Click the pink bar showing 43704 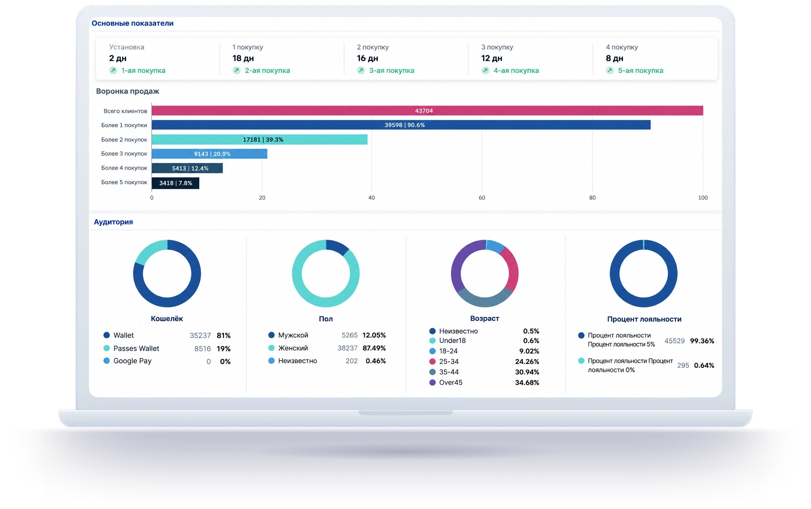427,111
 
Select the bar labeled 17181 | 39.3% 260,140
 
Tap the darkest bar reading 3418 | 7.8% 176,183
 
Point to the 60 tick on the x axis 482,198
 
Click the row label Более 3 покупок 124,154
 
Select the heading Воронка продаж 128,91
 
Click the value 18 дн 243,59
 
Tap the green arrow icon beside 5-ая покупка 610,70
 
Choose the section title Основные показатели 133,23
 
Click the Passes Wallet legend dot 106,348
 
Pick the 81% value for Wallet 224,335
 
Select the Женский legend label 293,348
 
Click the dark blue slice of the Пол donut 337,246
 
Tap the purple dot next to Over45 432,382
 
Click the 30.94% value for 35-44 527,372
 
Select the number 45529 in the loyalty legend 675,341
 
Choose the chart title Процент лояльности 644,319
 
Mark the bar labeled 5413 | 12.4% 187,168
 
